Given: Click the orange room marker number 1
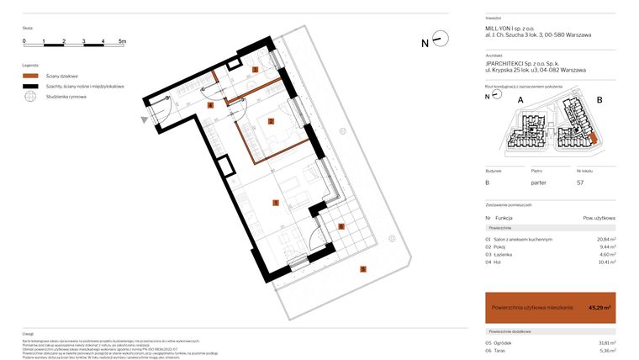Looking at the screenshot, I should tap(275, 203).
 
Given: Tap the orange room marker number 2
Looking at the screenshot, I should tap(271, 121).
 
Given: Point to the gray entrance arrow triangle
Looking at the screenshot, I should tap(146, 121).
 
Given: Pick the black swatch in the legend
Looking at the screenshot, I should tap(31, 87).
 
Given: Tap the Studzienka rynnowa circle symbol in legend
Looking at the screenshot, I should tap(31, 97).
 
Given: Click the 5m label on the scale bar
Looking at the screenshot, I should tap(122, 40).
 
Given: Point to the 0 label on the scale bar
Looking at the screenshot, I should tap(24, 40).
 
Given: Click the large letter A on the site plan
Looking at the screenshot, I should tap(520, 100).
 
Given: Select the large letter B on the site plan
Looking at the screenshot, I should tap(599, 100).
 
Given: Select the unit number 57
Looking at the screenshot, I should tap(579, 182).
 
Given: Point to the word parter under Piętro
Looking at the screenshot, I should tap(539, 182).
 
